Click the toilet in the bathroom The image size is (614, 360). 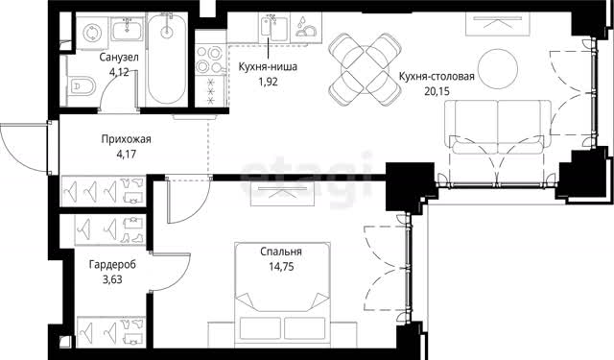83,84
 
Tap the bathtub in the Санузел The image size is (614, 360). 167,58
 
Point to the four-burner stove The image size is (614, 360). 210,59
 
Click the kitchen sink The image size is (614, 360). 274,28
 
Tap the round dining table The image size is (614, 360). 366,69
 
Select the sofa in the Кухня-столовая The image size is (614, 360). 498,127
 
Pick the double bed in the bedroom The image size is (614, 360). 282,295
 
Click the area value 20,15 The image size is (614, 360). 437,91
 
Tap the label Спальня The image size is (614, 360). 281,252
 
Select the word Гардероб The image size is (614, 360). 112,265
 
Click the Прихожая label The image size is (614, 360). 126,139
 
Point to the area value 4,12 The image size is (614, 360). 119,72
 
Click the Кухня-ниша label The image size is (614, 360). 268,67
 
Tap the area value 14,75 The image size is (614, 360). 281,267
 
